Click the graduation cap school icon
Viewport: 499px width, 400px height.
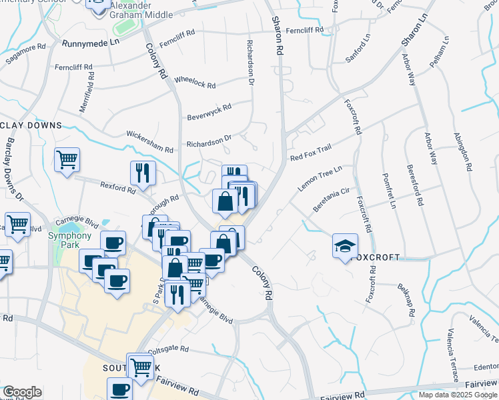[345, 247]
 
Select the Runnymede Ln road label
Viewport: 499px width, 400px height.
[90, 42]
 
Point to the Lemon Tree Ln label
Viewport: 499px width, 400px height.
[320, 179]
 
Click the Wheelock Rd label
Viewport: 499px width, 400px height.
[195, 82]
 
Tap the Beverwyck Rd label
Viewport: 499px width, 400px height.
[209, 109]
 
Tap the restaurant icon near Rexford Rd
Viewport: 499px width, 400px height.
[143, 173]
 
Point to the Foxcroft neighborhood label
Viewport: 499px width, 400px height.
[377, 257]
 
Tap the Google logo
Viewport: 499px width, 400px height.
[22, 392]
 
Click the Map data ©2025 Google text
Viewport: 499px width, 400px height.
[458, 395]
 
